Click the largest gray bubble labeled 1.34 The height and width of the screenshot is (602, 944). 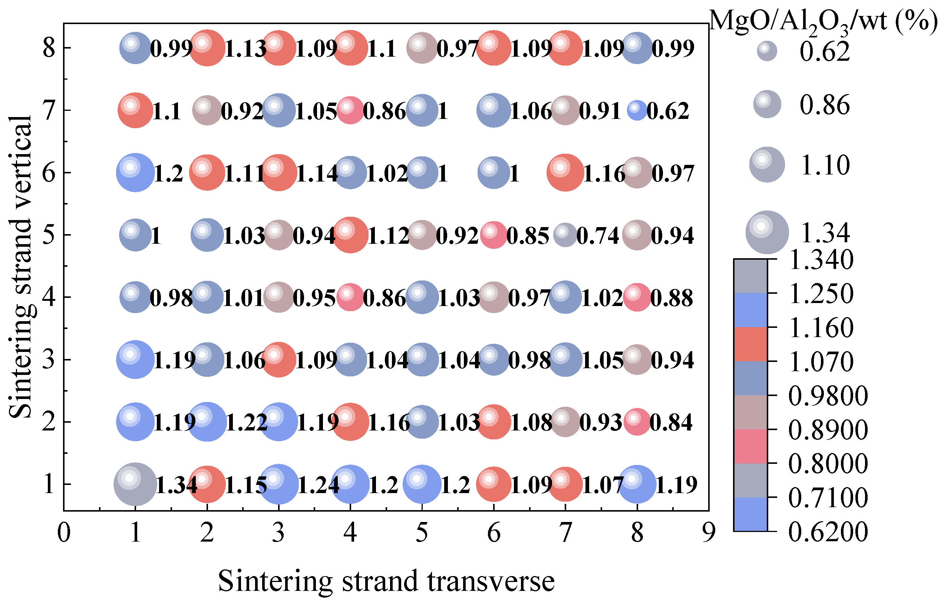pyautogui.click(x=135, y=484)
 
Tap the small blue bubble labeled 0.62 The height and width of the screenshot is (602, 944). pyautogui.click(x=637, y=110)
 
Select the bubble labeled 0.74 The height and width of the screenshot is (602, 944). pyautogui.click(x=565, y=235)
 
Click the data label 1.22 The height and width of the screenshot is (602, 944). pyautogui.click(x=247, y=423)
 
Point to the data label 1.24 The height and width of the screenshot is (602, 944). pyautogui.click(x=318, y=485)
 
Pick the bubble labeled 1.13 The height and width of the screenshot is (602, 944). pyautogui.click(x=207, y=48)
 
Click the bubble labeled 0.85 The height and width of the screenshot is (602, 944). pyautogui.click(x=494, y=235)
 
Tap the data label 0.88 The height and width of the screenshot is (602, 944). pyautogui.click(x=671, y=298)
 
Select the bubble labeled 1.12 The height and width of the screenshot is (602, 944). pyautogui.click(x=350, y=235)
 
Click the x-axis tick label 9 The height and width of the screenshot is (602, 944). pyautogui.click(x=709, y=533)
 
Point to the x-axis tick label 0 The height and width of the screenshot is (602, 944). pyautogui.click(x=64, y=533)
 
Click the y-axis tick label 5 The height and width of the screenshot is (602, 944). pyautogui.click(x=49, y=235)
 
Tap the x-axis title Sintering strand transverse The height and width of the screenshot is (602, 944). pyautogui.click(x=386, y=581)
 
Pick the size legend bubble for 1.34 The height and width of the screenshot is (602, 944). pyautogui.click(x=767, y=232)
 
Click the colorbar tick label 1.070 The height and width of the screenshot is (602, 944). pyautogui.click(x=821, y=362)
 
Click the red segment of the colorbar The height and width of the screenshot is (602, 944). pyautogui.click(x=750, y=344)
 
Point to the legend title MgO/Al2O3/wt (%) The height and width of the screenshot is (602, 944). pyautogui.click(x=823, y=21)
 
